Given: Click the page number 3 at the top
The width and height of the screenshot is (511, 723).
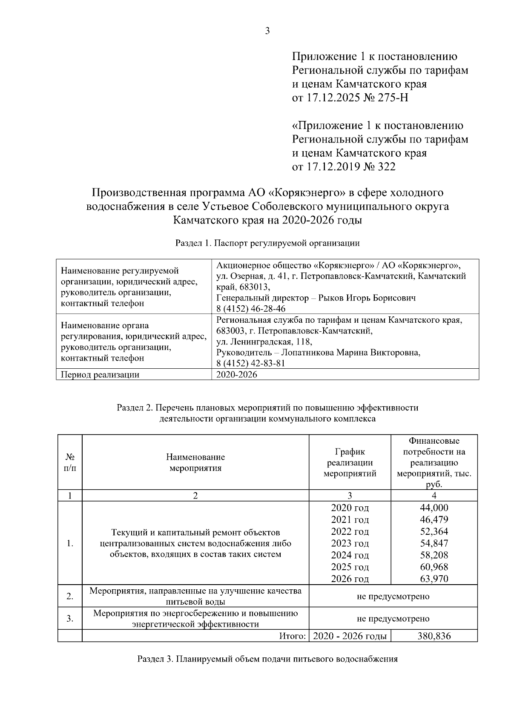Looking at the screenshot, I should coord(267,31).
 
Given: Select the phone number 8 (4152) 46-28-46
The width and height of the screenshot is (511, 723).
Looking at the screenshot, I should coord(251,308).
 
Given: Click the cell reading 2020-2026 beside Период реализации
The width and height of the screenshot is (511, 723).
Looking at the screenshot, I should coord(237,375).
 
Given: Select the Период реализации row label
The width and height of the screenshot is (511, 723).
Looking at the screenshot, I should coord(100,375).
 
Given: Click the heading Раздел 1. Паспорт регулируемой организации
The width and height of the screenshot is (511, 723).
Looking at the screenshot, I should coord(267,244).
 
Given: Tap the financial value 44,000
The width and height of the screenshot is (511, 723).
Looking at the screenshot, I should coord(433,508).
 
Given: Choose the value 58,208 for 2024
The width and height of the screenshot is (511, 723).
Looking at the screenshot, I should coord(433,555).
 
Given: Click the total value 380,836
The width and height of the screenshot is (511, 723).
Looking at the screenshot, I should coord(433,636).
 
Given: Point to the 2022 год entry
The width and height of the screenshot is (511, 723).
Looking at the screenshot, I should coord(350,531).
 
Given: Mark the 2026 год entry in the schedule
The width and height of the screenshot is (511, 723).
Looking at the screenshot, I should coord(350,579).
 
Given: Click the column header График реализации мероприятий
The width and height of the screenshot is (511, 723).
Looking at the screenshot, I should coord(350,462).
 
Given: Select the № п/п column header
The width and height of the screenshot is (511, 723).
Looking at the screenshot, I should coord(70,462).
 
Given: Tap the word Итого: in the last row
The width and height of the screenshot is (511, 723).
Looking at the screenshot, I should coord(293,636).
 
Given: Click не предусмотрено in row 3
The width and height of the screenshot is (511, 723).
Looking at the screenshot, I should coord(393,618).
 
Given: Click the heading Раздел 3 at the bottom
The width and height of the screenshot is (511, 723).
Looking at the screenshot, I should coord(267,659).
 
